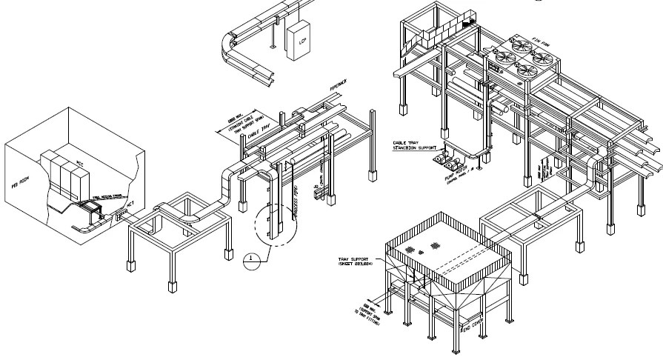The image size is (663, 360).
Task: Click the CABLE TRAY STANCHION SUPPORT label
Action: (416, 145)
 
